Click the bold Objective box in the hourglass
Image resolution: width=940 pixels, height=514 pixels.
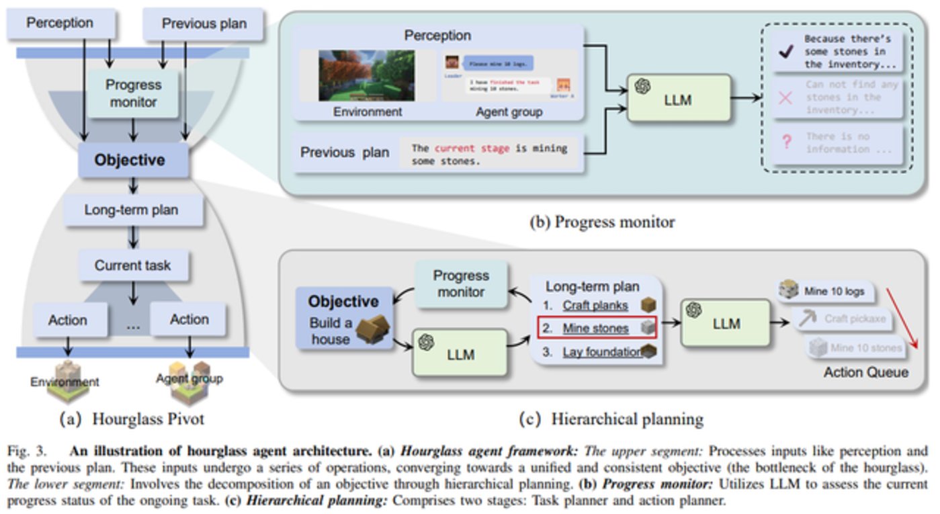[x=129, y=160]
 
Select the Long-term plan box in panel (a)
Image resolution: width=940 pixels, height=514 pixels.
[x=132, y=210]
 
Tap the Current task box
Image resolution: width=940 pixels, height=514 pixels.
[x=132, y=265]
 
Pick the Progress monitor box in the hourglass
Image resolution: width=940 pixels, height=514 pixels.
[x=134, y=93]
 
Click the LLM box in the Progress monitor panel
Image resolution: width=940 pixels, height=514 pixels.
[x=679, y=98]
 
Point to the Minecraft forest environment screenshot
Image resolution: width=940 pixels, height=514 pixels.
[x=366, y=75]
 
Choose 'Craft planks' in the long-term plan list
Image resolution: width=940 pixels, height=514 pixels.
[x=595, y=306]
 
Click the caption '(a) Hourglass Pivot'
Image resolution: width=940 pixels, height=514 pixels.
[x=132, y=420]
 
